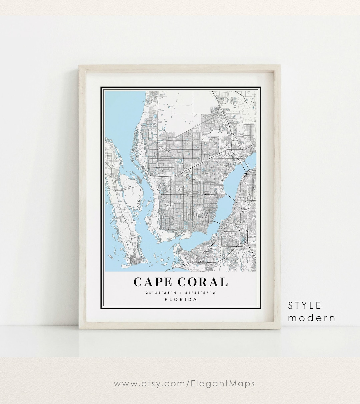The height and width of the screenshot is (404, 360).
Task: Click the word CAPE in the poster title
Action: (x=153, y=282)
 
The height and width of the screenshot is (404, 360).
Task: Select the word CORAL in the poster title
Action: (x=203, y=282)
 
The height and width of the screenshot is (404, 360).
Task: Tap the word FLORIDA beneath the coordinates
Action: (x=181, y=299)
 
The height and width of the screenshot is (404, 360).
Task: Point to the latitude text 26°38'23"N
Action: (x=159, y=293)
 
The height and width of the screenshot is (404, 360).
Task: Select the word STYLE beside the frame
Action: (x=305, y=305)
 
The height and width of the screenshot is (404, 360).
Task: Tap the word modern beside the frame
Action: (x=312, y=318)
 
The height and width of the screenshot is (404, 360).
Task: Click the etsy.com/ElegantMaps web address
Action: (x=184, y=384)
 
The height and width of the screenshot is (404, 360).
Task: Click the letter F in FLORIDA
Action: (x=166, y=299)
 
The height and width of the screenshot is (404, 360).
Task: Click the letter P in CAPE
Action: (x=158, y=282)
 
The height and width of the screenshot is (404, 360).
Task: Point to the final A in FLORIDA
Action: (x=195, y=299)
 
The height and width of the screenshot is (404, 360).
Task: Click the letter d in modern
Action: (x=312, y=318)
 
